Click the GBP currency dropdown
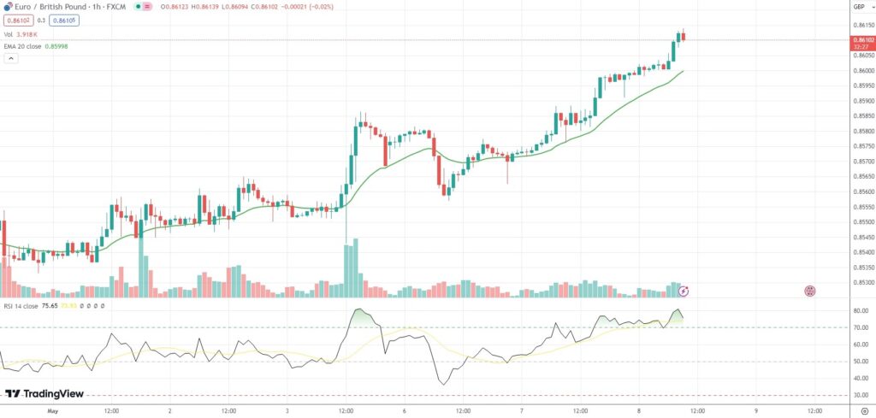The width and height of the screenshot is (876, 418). point(858,7)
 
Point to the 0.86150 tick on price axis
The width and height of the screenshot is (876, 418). point(861,26)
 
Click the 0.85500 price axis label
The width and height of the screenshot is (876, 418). point(861,221)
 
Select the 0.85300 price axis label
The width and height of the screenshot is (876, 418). point(861,282)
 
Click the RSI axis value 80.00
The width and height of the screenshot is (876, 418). point(860,310)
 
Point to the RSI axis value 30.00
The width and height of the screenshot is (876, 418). point(860,395)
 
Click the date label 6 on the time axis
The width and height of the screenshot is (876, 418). point(405,410)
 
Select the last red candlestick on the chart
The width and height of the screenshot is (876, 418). point(684,36)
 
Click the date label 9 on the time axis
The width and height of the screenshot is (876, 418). point(756,410)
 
